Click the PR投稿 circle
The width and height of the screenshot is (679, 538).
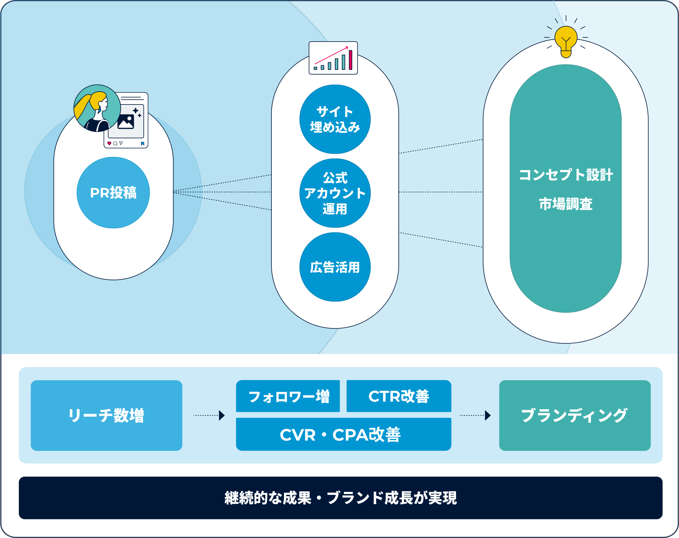click(x=113, y=193)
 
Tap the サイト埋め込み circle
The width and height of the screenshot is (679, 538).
click(x=335, y=119)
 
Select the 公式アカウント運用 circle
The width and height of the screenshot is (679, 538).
click(x=335, y=193)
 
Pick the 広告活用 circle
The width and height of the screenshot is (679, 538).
click(x=335, y=267)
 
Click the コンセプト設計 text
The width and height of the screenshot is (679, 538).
click(x=565, y=175)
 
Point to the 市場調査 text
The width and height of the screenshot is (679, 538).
click(x=565, y=204)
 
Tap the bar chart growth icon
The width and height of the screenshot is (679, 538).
click(x=333, y=58)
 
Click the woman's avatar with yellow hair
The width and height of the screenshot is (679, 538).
click(x=97, y=108)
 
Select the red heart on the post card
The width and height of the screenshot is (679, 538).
click(x=109, y=143)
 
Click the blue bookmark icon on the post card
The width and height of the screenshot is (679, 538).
click(x=143, y=143)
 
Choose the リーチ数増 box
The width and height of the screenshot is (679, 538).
click(x=106, y=415)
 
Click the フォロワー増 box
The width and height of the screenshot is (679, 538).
click(x=288, y=396)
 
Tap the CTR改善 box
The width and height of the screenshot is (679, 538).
click(x=399, y=396)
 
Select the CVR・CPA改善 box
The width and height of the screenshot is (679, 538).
click(x=343, y=434)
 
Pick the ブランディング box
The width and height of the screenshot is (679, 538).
click(x=575, y=415)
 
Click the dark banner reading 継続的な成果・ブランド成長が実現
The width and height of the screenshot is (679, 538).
click(x=341, y=498)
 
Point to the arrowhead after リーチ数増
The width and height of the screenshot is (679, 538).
click(x=222, y=415)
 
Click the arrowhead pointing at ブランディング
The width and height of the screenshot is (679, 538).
click(x=488, y=415)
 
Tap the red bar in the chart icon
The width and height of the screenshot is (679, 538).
click(x=350, y=60)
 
